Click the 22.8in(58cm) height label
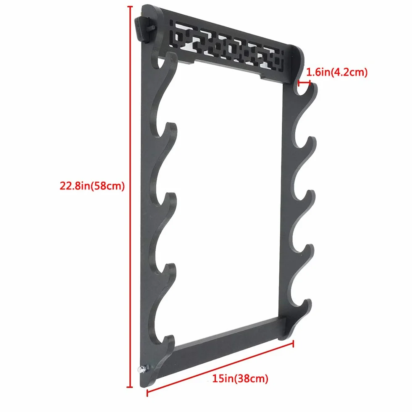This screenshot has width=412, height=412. [92, 186]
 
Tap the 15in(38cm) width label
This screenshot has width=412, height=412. [240, 379]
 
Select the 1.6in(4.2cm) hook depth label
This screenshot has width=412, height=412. [337, 72]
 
